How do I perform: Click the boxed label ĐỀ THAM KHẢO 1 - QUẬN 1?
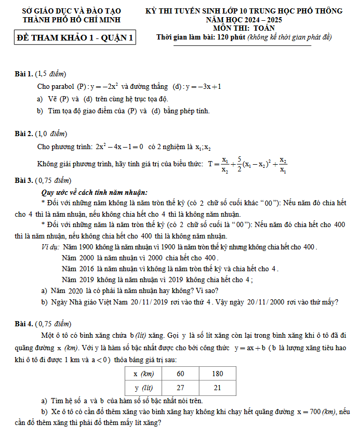tap(75, 38)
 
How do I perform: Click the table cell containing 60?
tap(180, 374)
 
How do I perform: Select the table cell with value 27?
tap(180, 388)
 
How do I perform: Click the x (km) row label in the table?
tap(143, 374)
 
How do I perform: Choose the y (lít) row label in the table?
tap(143, 388)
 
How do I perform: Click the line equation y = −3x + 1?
tap(204, 86)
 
